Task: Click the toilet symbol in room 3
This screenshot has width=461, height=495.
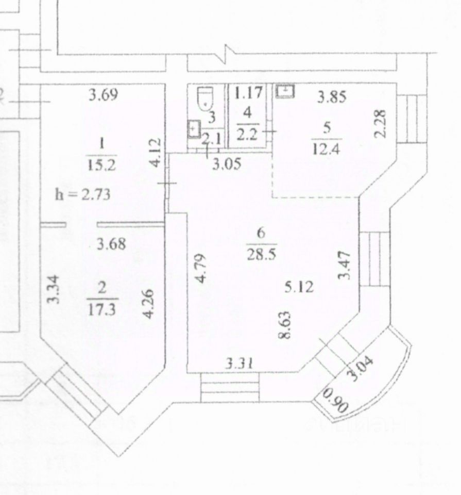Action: [x=206, y=98]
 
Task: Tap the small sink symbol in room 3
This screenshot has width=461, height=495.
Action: [x=194, y=128]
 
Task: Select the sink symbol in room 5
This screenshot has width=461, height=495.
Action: [x=285, y=92]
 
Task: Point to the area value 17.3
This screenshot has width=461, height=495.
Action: [x=102, y=308]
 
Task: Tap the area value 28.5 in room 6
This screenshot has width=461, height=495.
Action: [x=261, y=254]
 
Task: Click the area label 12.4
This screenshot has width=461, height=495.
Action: [x=327, y=149]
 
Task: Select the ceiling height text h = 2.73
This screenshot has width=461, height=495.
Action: [x=82, y=194]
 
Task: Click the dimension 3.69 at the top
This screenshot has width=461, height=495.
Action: [x=104, y=95]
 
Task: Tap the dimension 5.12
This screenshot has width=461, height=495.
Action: [x=299, y=287]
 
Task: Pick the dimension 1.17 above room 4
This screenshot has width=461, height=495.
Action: [x=248, y=93]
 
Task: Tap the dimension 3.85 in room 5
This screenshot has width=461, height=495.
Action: [x=331, y=96]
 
